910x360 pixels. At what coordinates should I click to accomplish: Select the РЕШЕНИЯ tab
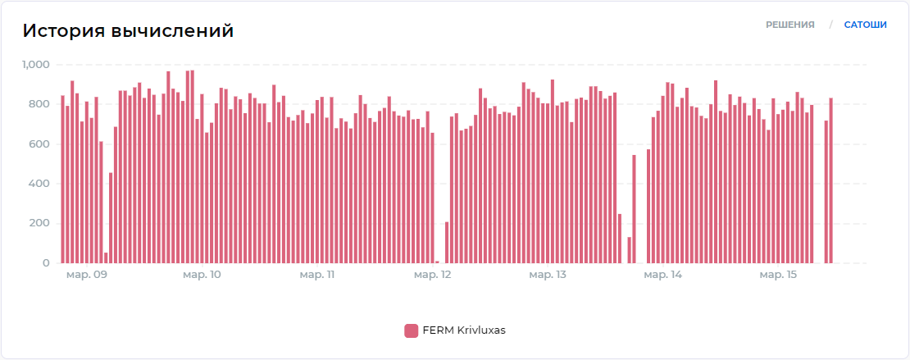(x=789, y=25)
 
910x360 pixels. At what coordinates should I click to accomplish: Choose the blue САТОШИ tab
(x=865, y=25)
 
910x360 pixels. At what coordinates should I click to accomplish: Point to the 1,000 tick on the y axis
(x=36, y=65)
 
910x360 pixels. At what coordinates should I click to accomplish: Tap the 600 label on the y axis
(x=41, y=144)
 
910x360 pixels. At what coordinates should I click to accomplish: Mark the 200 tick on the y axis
(x=41, y=224)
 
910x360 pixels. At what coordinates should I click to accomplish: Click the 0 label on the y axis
(x=47, y=263)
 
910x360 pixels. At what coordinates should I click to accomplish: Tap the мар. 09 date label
(x=86, y=275)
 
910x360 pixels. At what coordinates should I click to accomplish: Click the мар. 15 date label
(x=778, y=275)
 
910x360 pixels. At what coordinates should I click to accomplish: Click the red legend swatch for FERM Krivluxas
(x=411, y=330)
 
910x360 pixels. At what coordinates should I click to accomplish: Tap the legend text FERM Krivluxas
(x=463, y=330)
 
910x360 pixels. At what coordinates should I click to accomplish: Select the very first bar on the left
(x=62, y=180)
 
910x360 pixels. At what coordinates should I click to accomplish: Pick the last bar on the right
(x=830, y=180)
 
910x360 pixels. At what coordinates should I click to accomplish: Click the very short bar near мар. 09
(x=106, y=257)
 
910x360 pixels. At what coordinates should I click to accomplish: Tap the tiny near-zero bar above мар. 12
(x=437, y=262)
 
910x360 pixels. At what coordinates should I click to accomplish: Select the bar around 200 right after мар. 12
(x=447, y=243)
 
